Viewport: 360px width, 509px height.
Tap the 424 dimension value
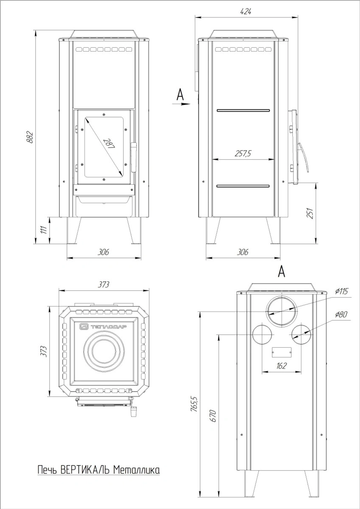247,11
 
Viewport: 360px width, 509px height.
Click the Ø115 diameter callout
341,291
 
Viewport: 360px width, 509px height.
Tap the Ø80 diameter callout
341,314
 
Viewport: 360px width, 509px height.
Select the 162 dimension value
282,366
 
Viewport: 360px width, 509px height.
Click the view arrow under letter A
185,104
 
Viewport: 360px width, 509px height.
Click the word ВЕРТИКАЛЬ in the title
85,470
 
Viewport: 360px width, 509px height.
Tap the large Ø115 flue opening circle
282,310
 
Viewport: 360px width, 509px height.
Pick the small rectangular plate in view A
282,352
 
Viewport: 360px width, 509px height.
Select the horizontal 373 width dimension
104,284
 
